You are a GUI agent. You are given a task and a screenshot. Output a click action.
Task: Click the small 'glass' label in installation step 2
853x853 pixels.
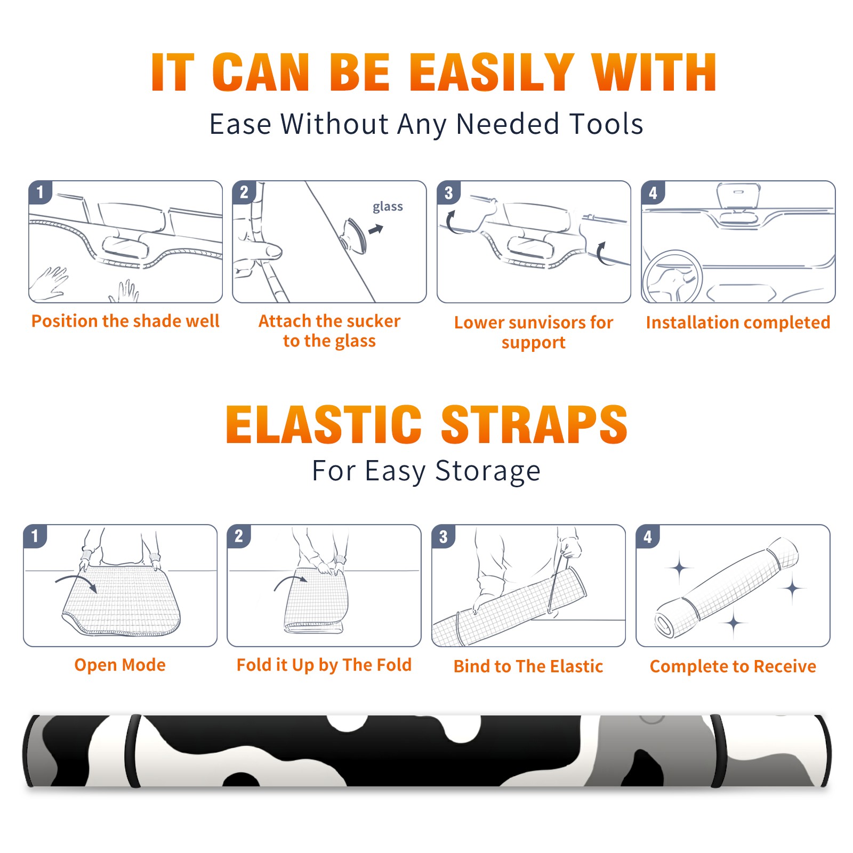(x=388, y=207)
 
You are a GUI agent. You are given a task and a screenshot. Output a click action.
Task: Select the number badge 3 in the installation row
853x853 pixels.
(x=448, y=192)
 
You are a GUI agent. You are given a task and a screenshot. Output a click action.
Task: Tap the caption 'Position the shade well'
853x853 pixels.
(x=125, y=321)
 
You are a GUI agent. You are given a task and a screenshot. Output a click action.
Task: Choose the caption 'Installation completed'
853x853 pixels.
(x=738, y=323)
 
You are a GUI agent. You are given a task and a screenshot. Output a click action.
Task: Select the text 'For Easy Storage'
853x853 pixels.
(x=426, y=471)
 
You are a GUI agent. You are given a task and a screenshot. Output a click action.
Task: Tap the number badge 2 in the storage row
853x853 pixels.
(x=239, y=536)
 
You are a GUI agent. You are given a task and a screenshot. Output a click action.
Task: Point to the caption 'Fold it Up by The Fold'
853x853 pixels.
(x=324, y=665)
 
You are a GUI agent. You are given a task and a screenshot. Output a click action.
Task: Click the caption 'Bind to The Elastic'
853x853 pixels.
(x=528, y=666)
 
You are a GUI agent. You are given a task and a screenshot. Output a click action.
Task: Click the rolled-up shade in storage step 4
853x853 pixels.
(x=727, y=588)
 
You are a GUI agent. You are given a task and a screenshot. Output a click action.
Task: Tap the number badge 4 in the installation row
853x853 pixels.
(x=653, y=192)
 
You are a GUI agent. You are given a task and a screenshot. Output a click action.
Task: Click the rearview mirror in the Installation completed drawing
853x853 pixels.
(x=738, y=196)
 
